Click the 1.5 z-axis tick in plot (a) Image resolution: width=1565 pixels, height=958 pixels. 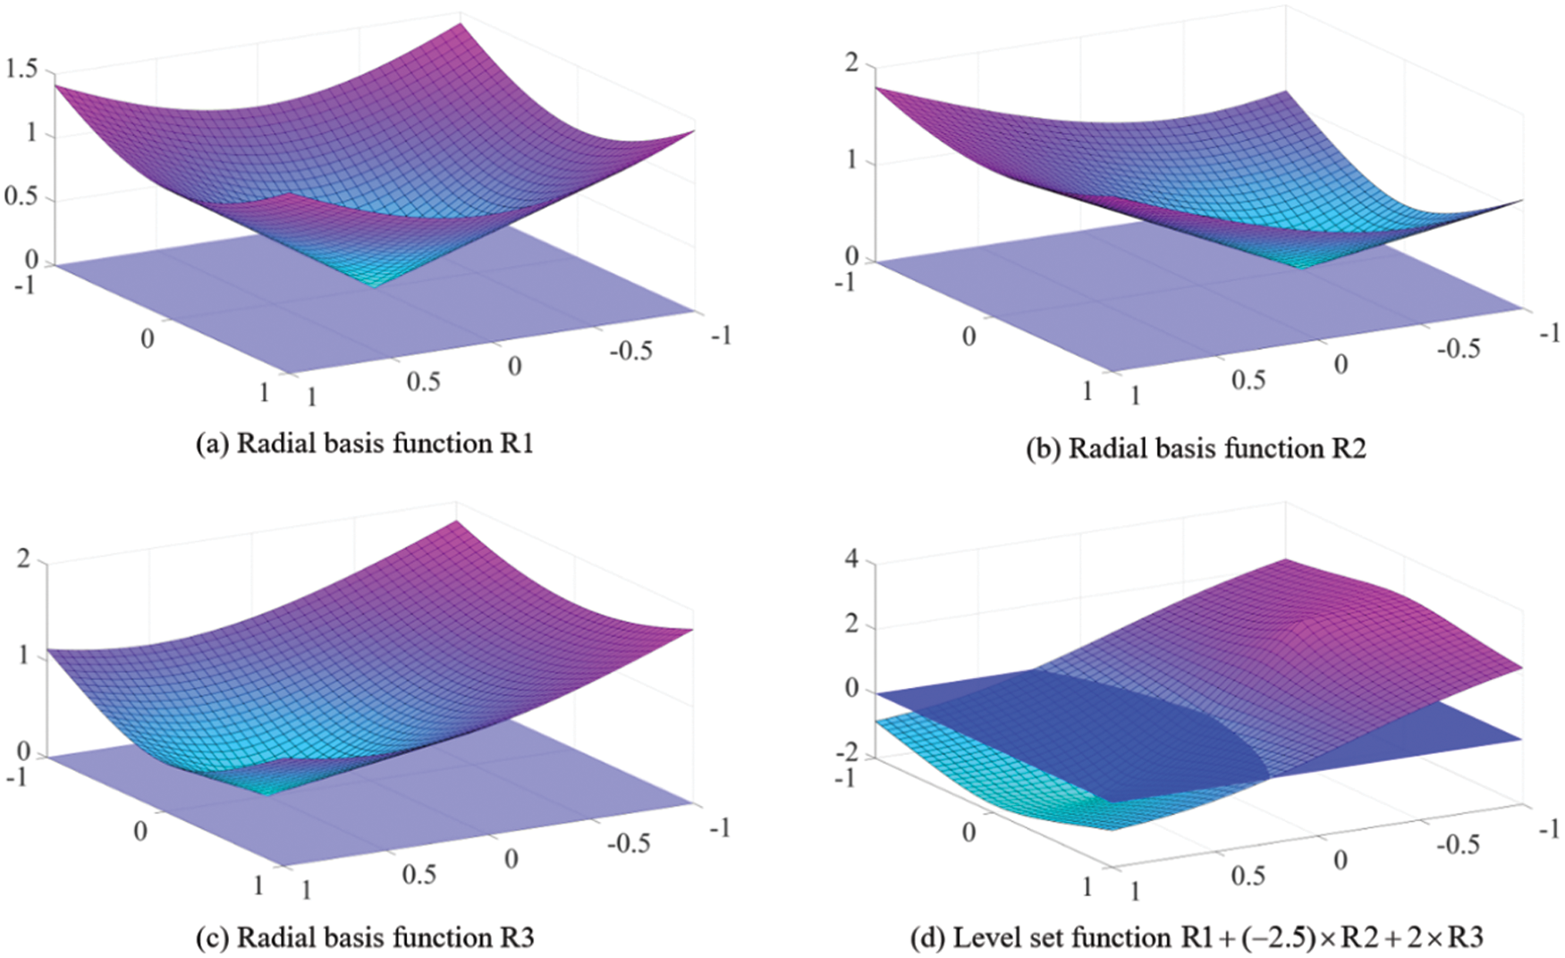pyautogui.click(x=21, y=68)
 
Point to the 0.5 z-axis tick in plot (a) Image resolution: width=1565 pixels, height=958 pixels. pyautogui.click(x=21, y=196)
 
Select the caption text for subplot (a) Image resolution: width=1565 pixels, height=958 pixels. pyautogui.click(x=364, y=444)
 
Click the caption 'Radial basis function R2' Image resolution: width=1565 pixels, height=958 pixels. pyautogui.click(x=1196, y=447)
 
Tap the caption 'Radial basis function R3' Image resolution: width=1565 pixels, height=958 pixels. pyautogui.click(x=364, y=937)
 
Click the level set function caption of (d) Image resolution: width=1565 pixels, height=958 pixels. pyautogui.click(x=1196, y=937)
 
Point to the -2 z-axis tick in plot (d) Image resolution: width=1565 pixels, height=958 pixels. pyautogui.click(x=846, y=753)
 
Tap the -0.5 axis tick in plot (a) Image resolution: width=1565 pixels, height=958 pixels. pyautogui.click(x=630, y=351)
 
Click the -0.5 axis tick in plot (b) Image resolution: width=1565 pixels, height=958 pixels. pyautogui.click(x=1458, y=349)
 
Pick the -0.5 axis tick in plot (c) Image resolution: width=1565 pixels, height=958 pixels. pyautogui.click(x=629, y=843)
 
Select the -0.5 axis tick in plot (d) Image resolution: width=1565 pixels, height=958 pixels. pyautogui.click(x=1458, y=844)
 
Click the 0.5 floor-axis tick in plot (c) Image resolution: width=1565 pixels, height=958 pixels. pyautogui.click(x=419, y=874)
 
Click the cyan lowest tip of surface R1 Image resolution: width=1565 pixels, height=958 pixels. pyautogui.click(x=374, y=285)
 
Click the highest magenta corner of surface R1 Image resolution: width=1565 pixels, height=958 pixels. pyautogui.click(x=460, y=23)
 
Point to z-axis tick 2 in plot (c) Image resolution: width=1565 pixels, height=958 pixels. pyautogui.click(x=23, y=559)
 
